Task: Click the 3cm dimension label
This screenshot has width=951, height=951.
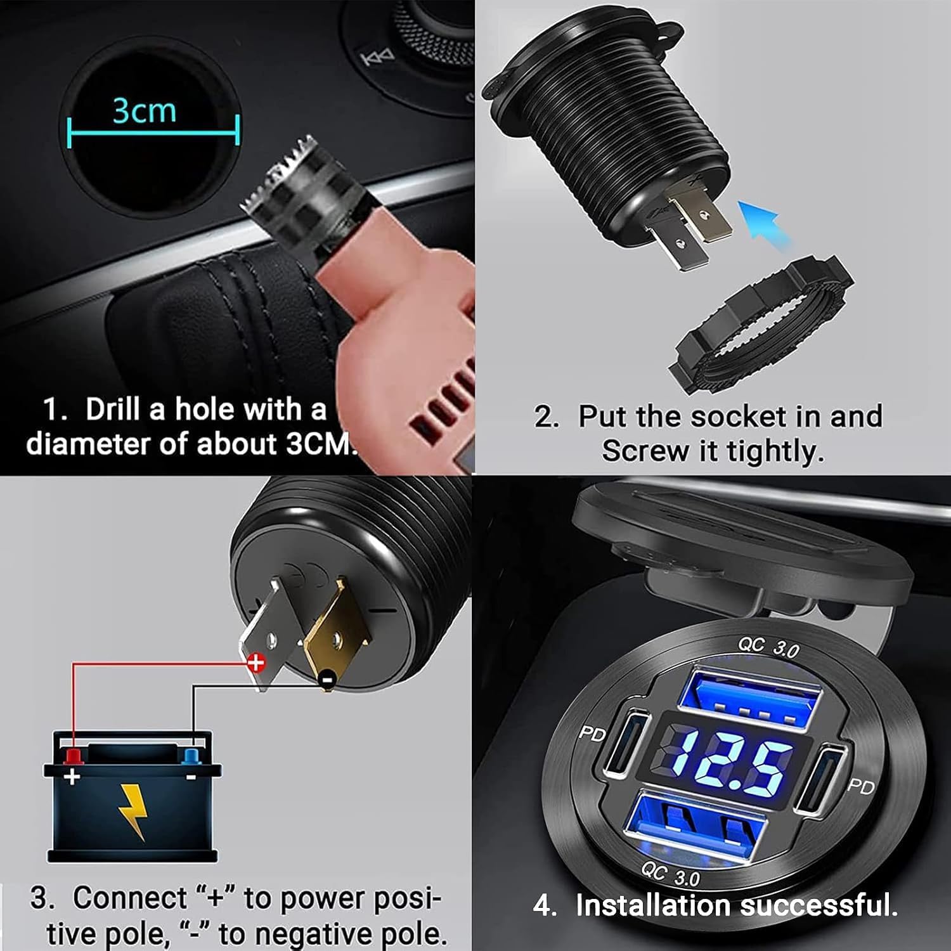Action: pos(145,110)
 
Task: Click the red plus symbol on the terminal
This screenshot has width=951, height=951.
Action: pos(256,663)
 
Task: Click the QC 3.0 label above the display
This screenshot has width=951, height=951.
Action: pos(768,647)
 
